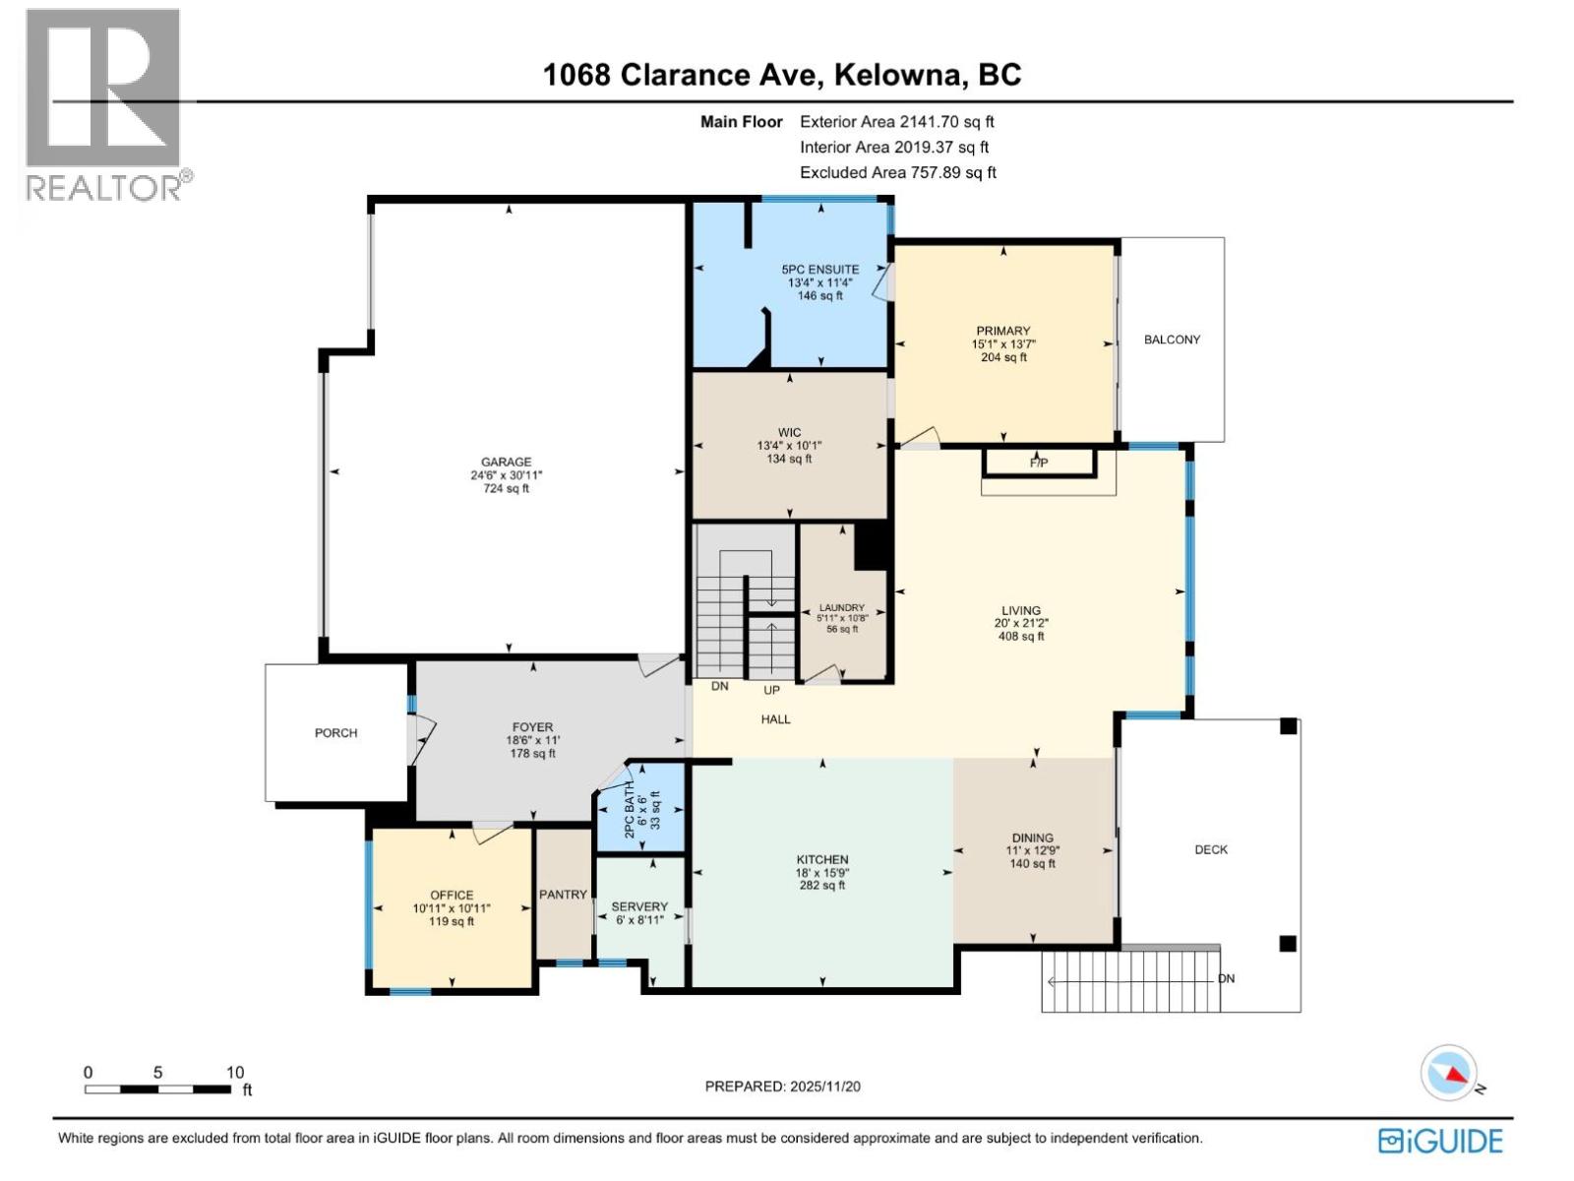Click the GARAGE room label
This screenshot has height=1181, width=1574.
[x=506, y=462]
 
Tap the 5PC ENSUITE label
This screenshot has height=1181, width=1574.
[x=819, y=269]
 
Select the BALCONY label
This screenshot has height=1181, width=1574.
[x=1172, y=340]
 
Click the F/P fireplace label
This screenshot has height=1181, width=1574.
[x=1039, y=463]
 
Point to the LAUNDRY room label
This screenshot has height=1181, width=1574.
[x=841, y=607]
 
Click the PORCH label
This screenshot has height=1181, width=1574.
[x=335, y=733]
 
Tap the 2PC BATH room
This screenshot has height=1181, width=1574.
[x=640, y=809]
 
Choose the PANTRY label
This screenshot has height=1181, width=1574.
[x=563, y=895]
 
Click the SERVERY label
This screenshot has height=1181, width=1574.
[x=639, y=906]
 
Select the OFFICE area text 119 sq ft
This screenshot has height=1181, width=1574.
[x=452, y=922]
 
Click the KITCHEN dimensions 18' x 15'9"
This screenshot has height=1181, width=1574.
[x=822, y=873]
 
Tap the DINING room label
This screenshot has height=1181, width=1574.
[x=1032, y=838]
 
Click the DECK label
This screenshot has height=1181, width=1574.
[x=1211, y=849]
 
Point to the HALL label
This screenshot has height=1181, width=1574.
[x=775, y=719]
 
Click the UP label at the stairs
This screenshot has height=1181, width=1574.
[x=771, y=690]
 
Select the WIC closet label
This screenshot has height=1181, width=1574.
[x=789, y=432]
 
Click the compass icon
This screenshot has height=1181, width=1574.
[x=1448, y=1073]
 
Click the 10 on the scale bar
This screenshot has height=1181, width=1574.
[x=234, y=1073]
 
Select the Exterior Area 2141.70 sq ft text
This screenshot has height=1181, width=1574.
[x=896, y=122]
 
